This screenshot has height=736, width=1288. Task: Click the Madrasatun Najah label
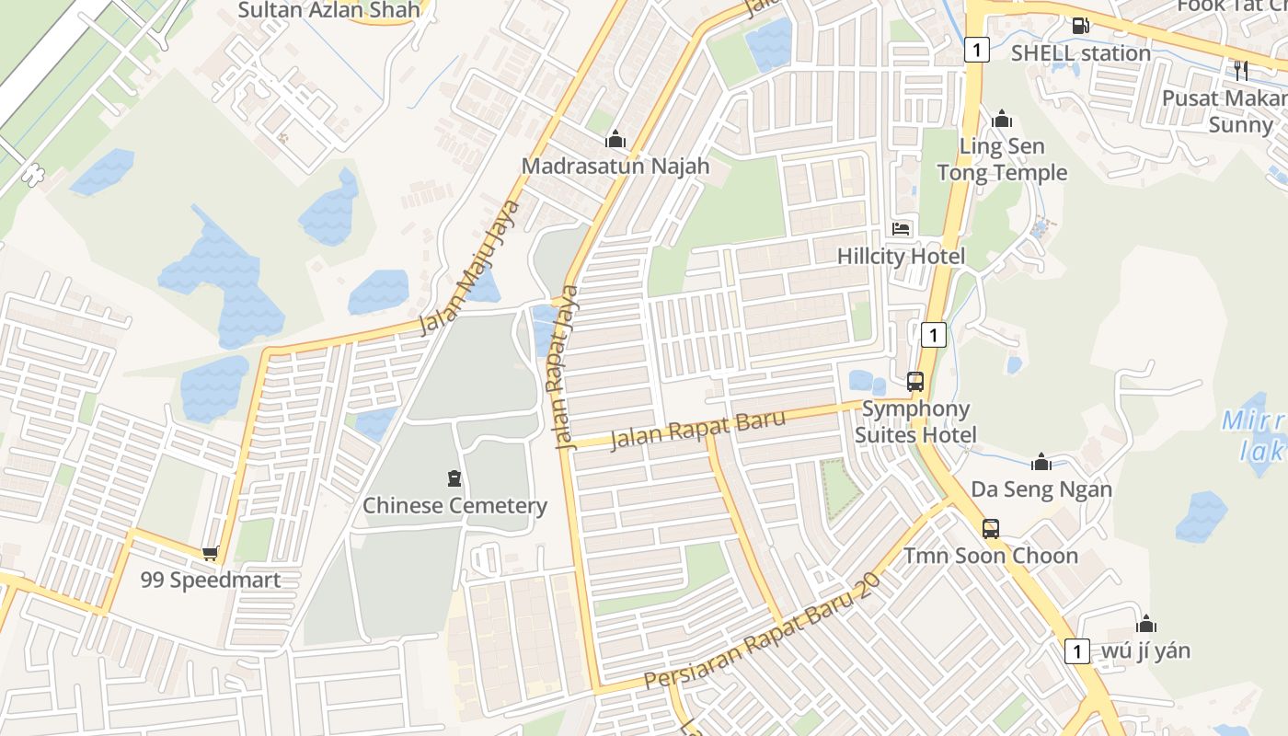(615, 166)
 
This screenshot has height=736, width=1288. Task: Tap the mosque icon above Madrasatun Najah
(615, 140)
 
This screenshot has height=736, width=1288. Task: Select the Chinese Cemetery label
(454, 505)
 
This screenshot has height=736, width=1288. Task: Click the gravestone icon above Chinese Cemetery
(454, 478)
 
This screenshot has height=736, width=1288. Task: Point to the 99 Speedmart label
(210, 580)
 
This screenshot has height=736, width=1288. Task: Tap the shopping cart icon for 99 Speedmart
(210, 553)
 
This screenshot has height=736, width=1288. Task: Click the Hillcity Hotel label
(901, 256)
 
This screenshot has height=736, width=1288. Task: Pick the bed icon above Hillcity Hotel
(901, 229)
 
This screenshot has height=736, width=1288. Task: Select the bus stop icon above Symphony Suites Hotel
(914, 381)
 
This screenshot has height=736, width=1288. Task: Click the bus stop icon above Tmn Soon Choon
(990, 529)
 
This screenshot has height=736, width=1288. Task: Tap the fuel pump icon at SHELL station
(1081, 26)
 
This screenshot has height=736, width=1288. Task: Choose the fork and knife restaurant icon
(1240, 70)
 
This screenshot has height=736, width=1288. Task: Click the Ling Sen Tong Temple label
(1002, 159)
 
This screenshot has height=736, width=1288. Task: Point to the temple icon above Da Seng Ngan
(1041, 462)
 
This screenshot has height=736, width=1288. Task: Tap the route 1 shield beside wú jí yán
(1076, 650)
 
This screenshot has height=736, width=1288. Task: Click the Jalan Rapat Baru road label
(698, 430)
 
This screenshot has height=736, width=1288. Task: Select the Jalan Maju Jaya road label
(470, 267)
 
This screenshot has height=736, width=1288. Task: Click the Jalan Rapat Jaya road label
(568, 367)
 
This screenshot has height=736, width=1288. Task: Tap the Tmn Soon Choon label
(990, 556)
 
